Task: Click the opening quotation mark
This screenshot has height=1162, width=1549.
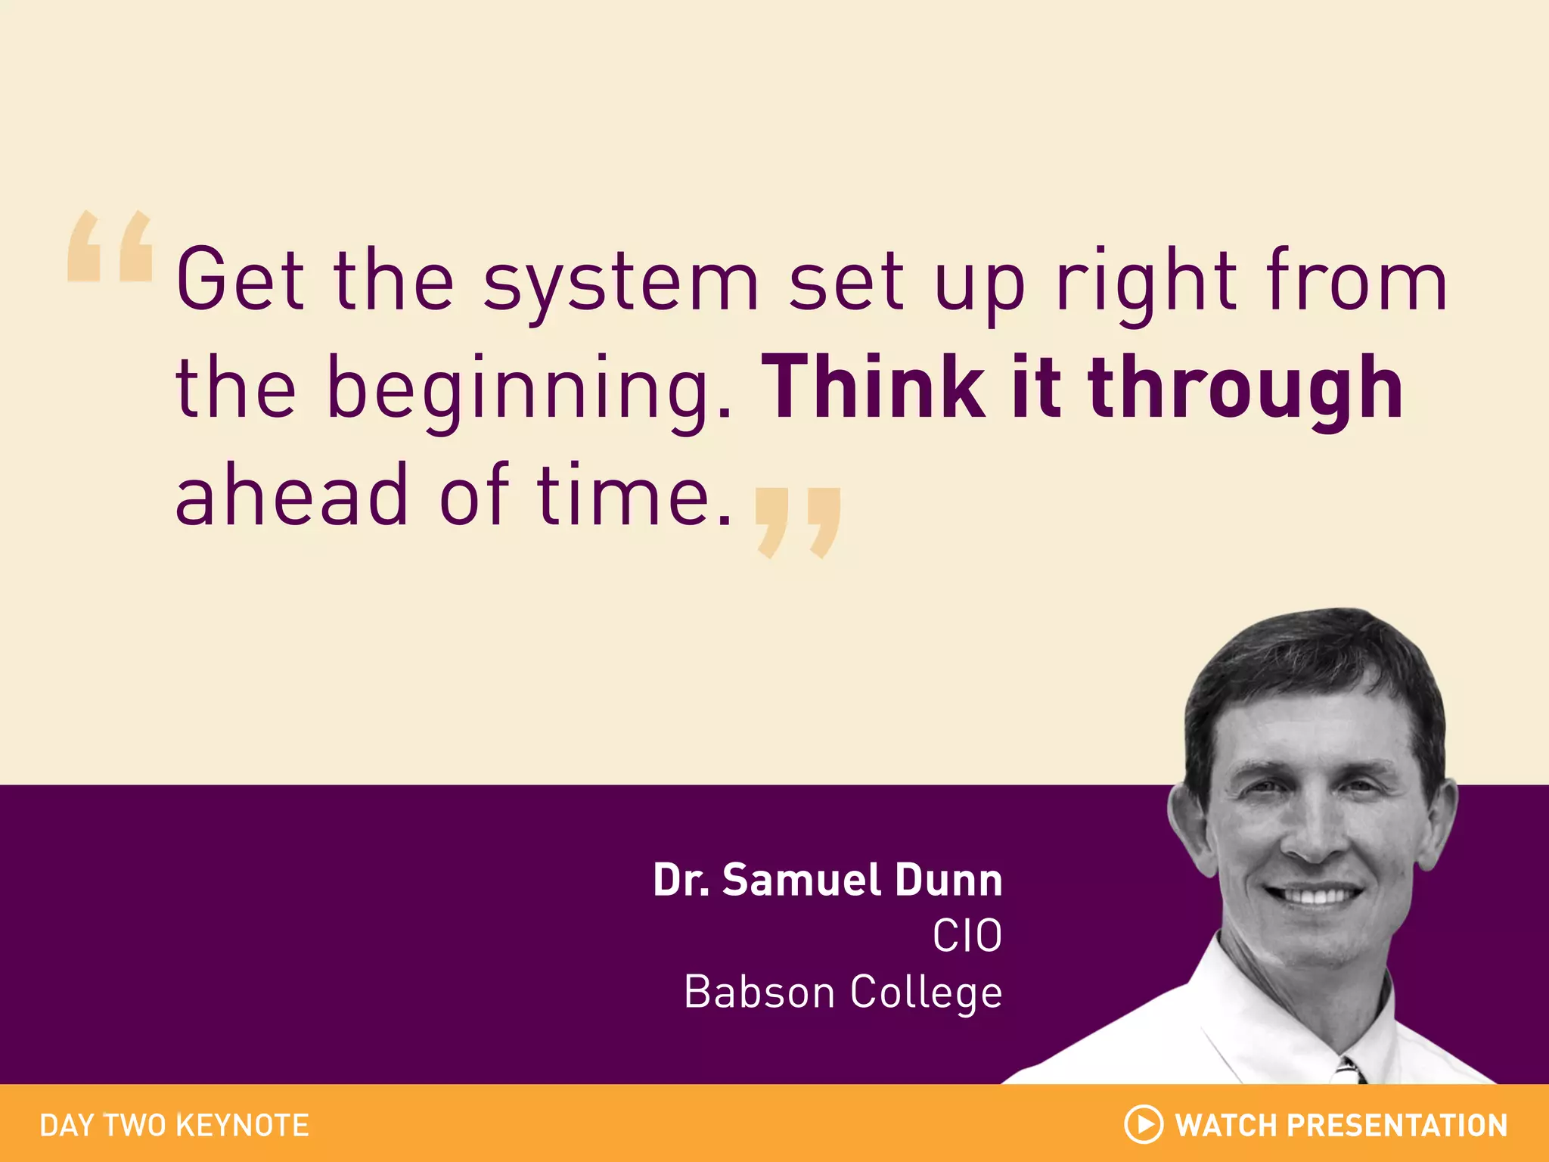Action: tap(110, 247)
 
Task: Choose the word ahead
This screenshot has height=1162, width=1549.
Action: tap(292, 495)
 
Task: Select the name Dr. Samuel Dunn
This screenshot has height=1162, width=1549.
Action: tap(827, 881)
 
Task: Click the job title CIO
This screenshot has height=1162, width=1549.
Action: tap(967, 937)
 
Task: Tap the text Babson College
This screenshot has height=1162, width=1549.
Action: tap(843, 993)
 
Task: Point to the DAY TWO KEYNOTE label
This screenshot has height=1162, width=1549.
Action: tap(174, 1126)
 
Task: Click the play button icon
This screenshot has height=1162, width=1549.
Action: tap(1144, 1124)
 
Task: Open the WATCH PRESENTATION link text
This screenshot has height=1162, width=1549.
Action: tap(1341, 1126)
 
